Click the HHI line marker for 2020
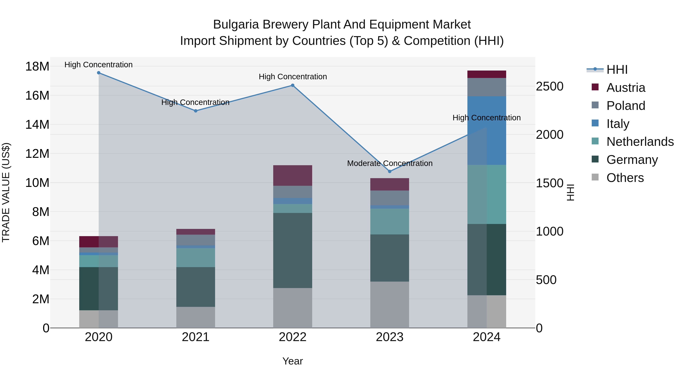(98, 73)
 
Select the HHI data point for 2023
(389, 171)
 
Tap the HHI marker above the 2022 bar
(293, 85)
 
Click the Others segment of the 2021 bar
(196, 317)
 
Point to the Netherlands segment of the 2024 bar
(487, 194)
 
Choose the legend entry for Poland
(626, 106)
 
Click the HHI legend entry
(617, 70)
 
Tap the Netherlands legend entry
(640, 142)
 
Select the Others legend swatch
(595, 177)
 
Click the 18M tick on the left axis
(37, 66)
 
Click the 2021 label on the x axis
(196, 337)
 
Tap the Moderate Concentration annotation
(389, 163)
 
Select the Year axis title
(293, 361)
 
